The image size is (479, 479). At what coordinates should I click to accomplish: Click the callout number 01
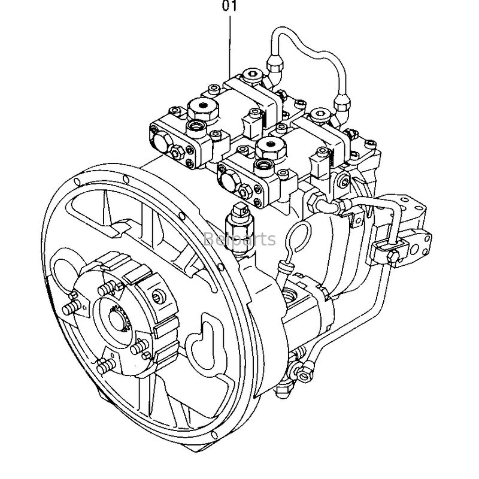pyautogui.click(x=231, y=7)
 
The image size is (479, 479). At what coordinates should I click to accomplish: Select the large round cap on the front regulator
pyautogui.click(x=267, y=146)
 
